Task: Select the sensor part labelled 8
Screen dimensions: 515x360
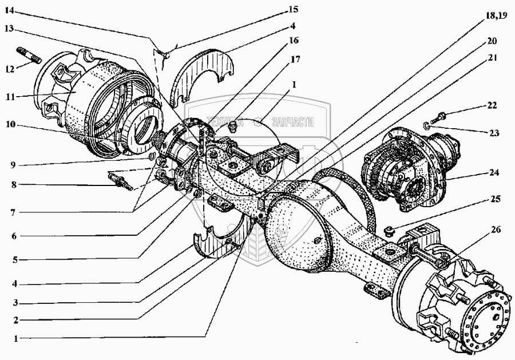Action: (121, 181)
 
